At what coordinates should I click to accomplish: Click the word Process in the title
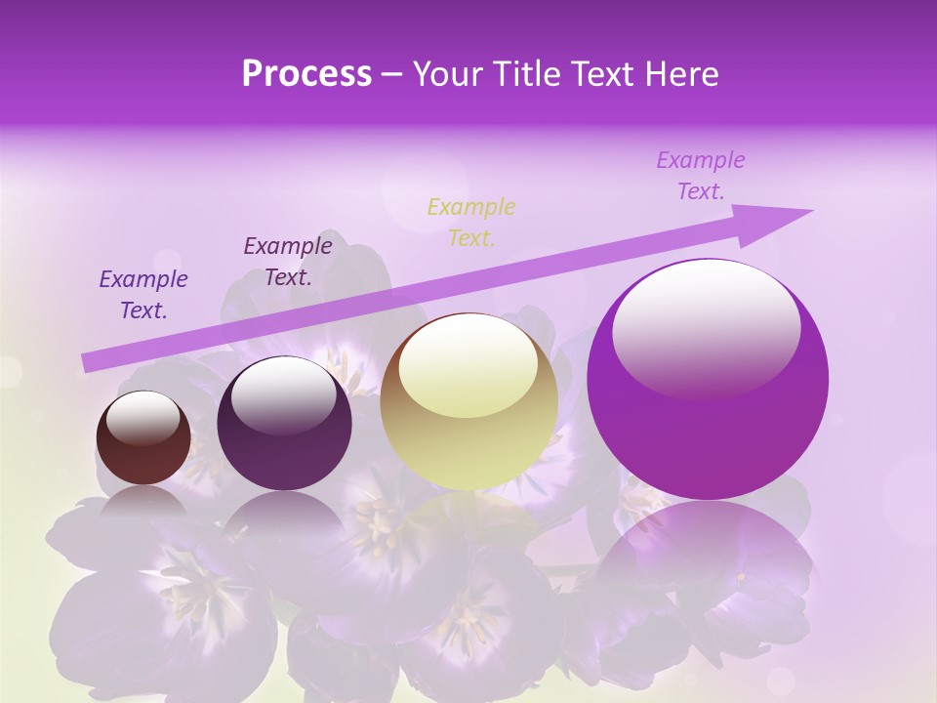(306, 74)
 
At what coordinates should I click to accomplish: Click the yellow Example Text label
(471, 222)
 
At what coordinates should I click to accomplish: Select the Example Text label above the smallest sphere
(143, 295)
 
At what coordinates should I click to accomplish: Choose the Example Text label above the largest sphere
(701, 176)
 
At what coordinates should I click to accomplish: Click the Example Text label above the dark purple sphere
(288, 261)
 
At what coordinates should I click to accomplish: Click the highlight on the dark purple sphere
(283, 394)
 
